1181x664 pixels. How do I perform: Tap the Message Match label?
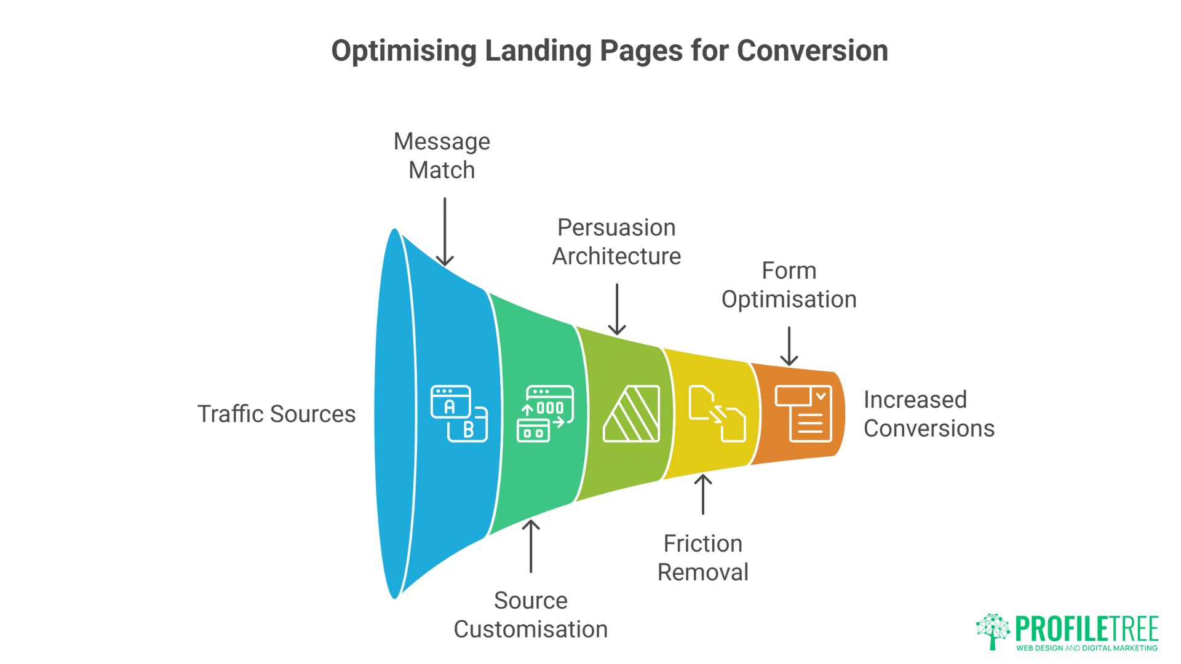442,156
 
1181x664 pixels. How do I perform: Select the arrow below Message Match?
445,232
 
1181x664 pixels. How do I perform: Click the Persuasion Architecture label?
616,242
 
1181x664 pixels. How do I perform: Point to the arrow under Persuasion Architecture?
617,309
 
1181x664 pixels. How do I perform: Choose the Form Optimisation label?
789,285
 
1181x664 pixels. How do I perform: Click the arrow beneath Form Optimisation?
789,346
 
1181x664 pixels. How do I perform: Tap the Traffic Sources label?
276,414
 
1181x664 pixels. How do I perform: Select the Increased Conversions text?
928,414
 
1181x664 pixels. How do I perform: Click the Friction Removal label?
702,558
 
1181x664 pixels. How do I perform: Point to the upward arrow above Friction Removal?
703,494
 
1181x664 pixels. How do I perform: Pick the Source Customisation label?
530,615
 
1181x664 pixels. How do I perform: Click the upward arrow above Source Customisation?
531,546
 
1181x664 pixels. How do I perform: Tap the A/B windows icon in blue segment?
459,413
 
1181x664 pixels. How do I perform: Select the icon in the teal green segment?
545,413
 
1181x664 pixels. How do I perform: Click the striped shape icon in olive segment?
632,413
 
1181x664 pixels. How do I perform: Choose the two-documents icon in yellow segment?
717,413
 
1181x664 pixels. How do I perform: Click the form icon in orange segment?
803,413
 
